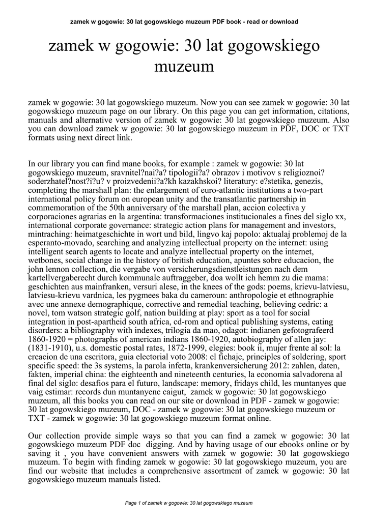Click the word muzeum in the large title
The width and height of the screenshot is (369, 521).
point(184,67)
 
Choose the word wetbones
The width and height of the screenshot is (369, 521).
point(45,261)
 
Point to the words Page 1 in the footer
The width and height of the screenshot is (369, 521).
point(132,503)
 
